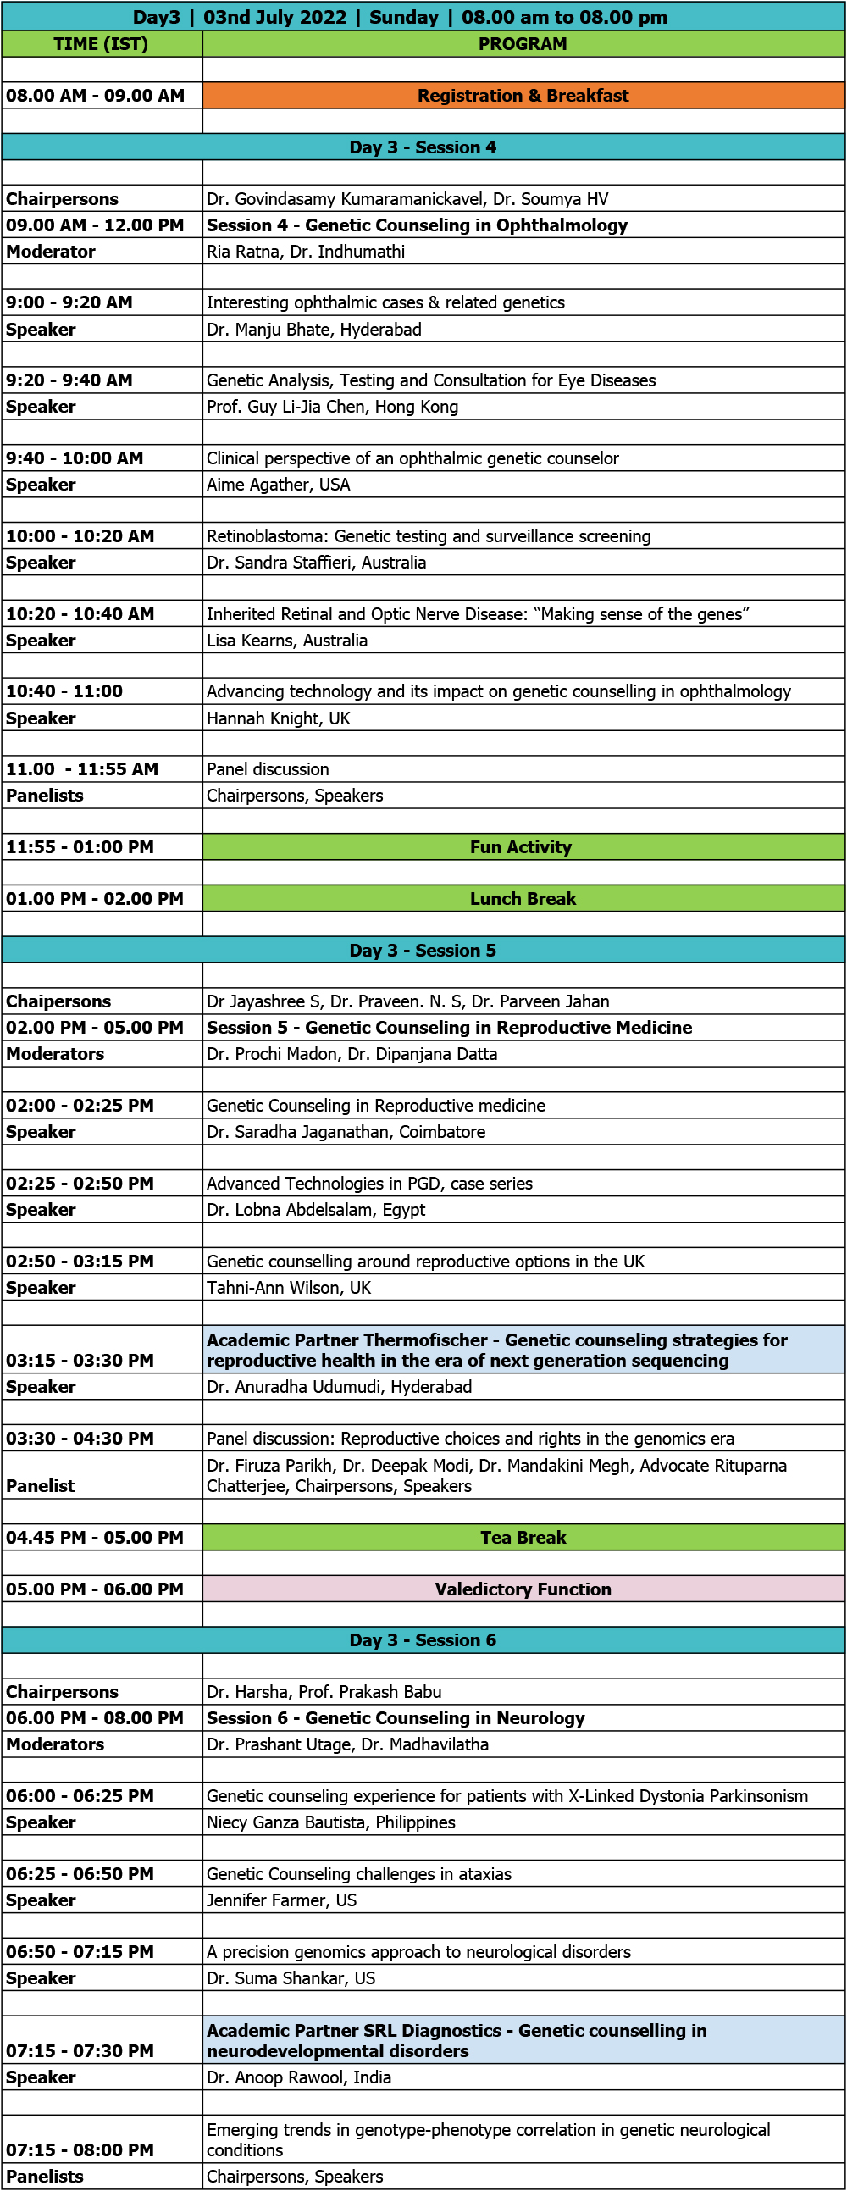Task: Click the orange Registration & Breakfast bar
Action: [523, 95]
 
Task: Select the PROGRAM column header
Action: [522, 44]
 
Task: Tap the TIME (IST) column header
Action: [100, 44]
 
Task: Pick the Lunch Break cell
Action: [523, 899]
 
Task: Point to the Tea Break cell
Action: [523, 1538]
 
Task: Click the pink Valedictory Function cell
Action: [523, 1589]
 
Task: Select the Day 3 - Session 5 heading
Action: [423, 951]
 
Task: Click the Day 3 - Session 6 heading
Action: [423, 1640]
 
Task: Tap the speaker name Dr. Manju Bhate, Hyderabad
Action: [313, 330]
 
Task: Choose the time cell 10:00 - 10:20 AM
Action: [80, 536]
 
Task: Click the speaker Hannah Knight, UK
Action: [278, 718]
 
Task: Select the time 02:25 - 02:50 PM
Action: [80, 1184]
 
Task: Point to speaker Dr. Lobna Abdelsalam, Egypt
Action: [315, 1211]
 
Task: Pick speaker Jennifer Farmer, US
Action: [281, 1901]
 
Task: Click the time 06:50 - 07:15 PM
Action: [80, 1953]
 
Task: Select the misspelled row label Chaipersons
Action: [58, 1002]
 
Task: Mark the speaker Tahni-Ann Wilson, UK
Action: [288, 1289]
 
